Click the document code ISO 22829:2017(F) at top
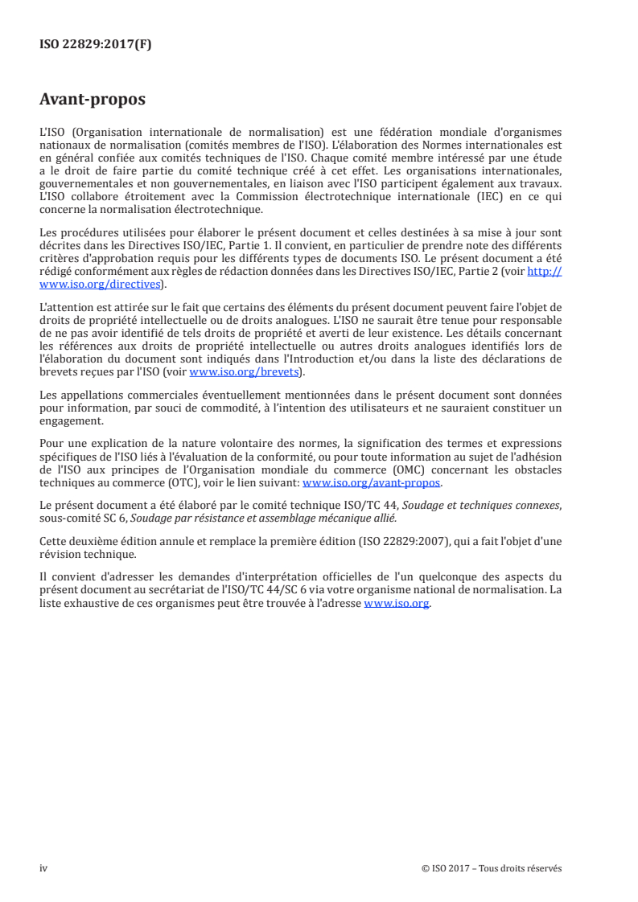(x=95, y=45)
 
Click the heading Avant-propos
(x=93, y=100)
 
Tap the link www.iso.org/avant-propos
(x=372, y=483)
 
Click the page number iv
(x=44, y=867)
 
